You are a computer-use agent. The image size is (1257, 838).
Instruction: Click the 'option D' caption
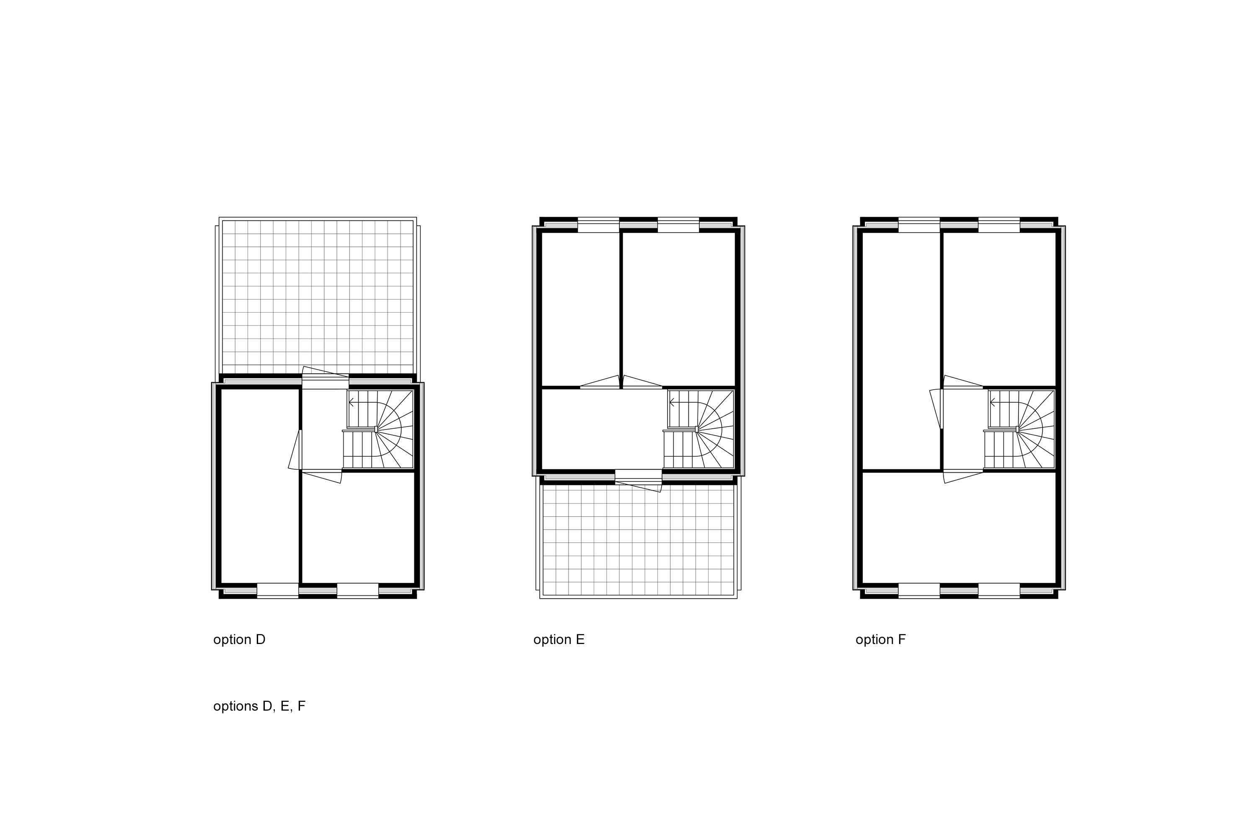pos(239,640)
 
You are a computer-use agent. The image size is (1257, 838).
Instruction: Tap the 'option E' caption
pos(559,640)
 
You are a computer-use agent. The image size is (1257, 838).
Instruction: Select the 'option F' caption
pos(880,640)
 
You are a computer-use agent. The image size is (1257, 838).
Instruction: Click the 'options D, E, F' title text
pos(259,706)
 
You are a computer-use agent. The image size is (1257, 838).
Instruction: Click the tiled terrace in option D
pos(318,297)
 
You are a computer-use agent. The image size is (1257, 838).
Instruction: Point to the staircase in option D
pos(378,430)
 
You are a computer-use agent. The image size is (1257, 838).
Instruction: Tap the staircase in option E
pos(699,430)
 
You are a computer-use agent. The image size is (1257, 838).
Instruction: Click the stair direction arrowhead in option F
pos(993,402)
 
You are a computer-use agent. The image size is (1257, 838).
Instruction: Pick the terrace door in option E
pos(638,480)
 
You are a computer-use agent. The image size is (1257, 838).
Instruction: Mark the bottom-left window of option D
pos(277,590)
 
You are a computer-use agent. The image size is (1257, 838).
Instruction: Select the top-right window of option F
pos(999,225)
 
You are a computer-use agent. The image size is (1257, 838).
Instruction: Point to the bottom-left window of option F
pos(919,590)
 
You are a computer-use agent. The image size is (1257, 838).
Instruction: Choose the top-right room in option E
pos(679,308)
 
